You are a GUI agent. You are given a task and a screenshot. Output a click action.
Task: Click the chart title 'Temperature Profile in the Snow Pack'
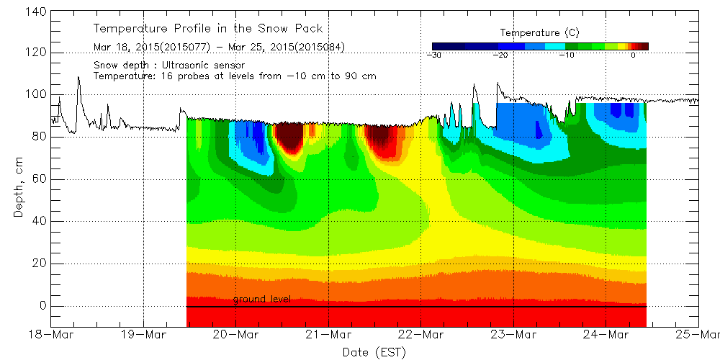pos(207,29)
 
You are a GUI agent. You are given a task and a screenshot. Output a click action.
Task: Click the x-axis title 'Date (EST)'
pos(374,351)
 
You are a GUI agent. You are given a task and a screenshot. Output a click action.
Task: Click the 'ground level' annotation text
pos(261,299)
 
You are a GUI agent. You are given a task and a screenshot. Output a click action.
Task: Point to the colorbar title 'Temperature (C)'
pos(539,33)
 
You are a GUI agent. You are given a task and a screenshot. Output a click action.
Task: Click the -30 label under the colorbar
pos(434,55)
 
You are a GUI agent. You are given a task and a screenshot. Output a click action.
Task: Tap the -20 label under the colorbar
pos(500,55)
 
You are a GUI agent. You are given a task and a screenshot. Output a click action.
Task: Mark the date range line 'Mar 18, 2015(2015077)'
pos(152,48)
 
